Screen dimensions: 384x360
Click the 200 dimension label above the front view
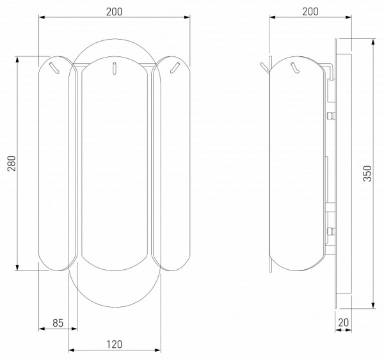pos(114,12)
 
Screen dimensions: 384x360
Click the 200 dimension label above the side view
pos(310,12)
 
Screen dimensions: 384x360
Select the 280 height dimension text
pos(12,163)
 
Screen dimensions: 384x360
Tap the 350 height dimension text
pos(367,173)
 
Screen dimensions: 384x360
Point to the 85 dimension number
pos(58,323)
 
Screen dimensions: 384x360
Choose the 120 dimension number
pos(114,345)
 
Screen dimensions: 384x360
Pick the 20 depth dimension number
pos(343,322)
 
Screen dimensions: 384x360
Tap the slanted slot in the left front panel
pos(54,68)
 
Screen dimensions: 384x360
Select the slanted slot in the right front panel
pos(175,68)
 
